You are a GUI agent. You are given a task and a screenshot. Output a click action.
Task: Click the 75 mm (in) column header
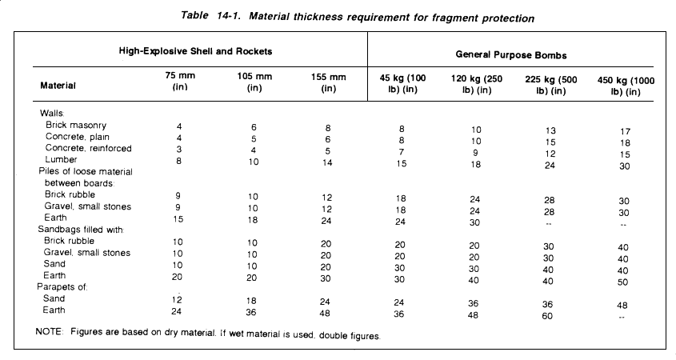tap(180, 81)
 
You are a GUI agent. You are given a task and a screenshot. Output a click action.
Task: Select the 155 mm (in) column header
tap(329, 82)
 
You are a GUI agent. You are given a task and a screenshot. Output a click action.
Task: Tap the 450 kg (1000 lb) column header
tap(626, 86)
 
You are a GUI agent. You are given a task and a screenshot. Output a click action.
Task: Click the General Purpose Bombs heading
tap(511, 54)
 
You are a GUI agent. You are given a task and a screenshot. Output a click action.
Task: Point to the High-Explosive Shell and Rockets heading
tap(195, 51)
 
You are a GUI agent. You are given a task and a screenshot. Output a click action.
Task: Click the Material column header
tap(58, 86)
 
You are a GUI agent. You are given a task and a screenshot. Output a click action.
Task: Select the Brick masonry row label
tap(76, 125)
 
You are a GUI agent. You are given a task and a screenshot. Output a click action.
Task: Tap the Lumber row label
tap(62, 159)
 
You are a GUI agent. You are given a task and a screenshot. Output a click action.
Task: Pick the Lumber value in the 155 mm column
tap(327, 162)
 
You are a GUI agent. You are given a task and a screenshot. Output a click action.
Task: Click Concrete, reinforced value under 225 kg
tap(550, 154)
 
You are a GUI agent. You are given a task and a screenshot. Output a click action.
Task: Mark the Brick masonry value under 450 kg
tap(625, 131)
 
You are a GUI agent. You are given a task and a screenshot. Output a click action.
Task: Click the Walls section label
tap(52, 114)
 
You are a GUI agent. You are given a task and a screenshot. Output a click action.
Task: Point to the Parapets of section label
tap(62, 286)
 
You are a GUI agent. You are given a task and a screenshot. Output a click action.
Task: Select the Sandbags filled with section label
tap(81, 230)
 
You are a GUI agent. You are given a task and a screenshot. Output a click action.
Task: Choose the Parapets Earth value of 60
tap(547, 316)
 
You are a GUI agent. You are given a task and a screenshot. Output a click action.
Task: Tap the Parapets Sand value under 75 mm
tap(177, 300)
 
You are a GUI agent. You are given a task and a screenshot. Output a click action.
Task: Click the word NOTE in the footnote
tap(49, 332)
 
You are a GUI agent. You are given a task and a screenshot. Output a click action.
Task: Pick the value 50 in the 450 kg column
tap(622, 282)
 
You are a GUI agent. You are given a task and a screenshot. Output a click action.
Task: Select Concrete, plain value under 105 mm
tap(254, 139)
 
